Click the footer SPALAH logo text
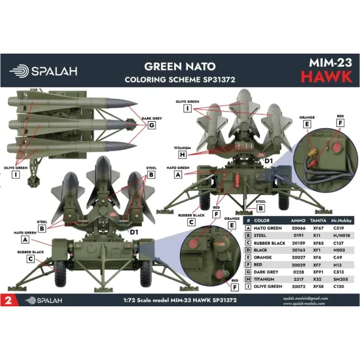coord(47,300)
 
